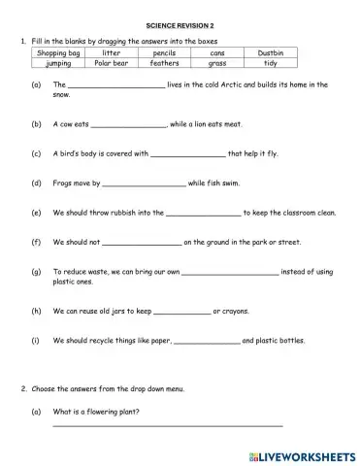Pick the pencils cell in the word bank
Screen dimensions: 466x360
tap(164, 52)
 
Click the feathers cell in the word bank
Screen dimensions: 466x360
tap(164, 62)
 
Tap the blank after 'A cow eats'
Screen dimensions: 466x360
tap(128, 126)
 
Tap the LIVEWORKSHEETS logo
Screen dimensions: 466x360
tap(302, 452)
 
